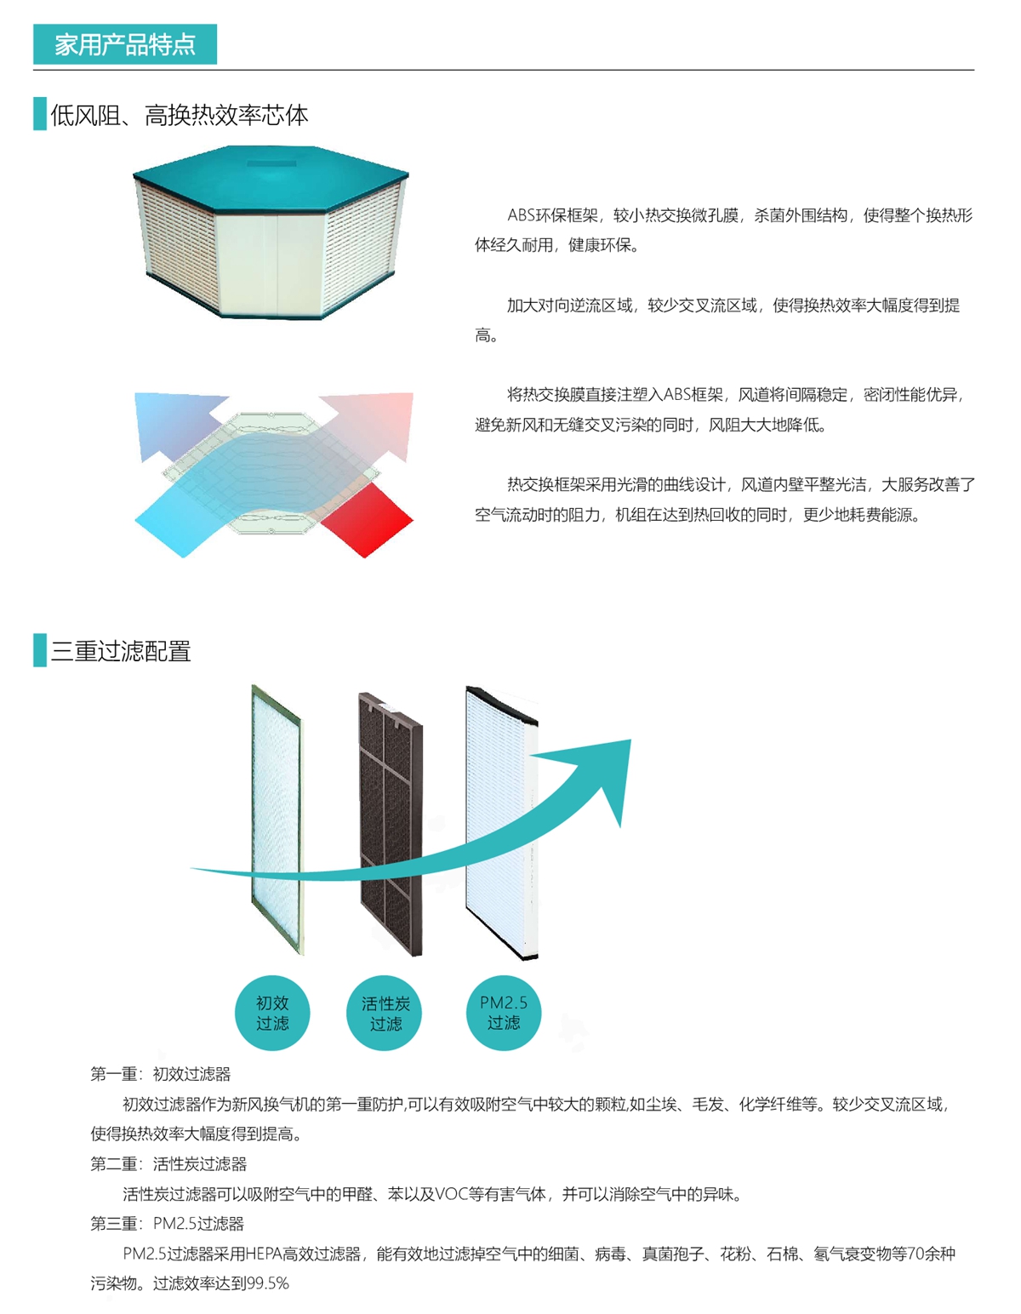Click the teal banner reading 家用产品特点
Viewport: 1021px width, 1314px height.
pos(124,44)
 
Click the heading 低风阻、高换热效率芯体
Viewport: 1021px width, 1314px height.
pos(180,115)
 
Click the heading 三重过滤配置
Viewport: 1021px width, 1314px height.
pos(121,651)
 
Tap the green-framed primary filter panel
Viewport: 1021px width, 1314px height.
pos(277,820)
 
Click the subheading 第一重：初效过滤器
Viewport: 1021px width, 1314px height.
pos(161,1074)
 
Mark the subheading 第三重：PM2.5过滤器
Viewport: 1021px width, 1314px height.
pos(168,1224)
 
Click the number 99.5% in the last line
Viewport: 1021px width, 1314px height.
pos(268,1283)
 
